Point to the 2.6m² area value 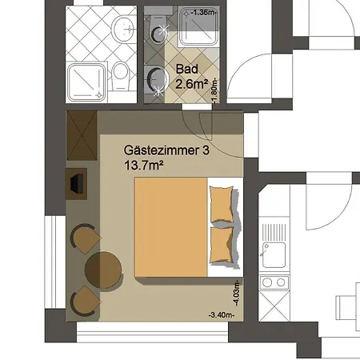click(192, 82)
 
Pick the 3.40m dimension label click(220, 316)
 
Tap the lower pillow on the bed click(222, 244)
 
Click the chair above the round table click(85, 238)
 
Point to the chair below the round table click(85, 302)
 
